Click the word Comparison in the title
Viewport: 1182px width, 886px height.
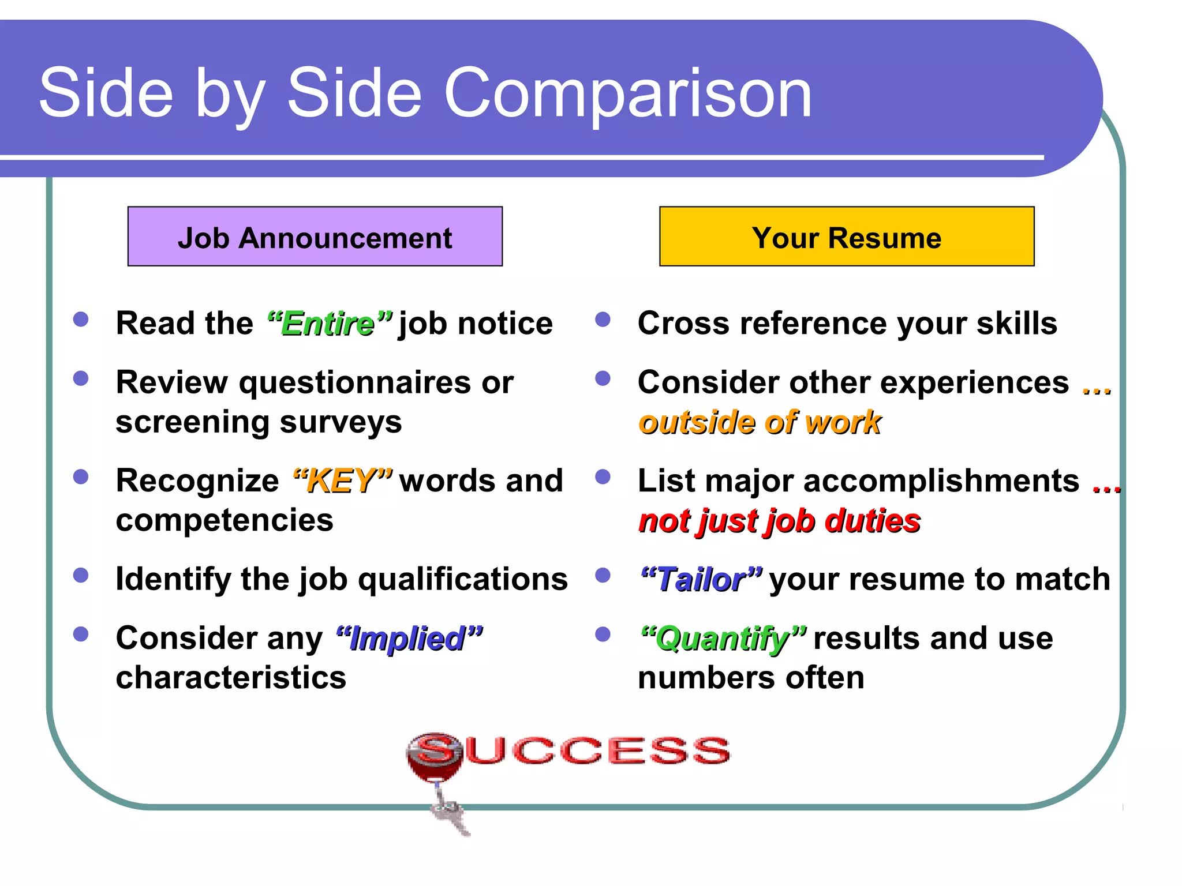coord(627,94)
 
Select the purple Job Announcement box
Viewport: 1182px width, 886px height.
coord(315,236)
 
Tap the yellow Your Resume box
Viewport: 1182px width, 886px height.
coord(846,236)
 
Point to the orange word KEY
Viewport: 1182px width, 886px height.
coord(342,481)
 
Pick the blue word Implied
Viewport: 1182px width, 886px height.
coord(408,639)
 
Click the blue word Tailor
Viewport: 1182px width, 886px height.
coord(701,580)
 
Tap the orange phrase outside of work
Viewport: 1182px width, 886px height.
coord(760,422)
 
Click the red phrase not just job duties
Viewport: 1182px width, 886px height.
coord(779,521)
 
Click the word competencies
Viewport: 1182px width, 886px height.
coord(225,520)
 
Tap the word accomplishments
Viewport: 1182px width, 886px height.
coord(941,480)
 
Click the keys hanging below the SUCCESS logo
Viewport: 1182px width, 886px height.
coord(451,813)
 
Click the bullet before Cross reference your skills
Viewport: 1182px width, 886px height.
coord(603,320)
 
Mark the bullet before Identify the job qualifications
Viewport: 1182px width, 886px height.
coord(81,575)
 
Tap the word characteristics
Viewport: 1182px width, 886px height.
coord(231,678)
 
